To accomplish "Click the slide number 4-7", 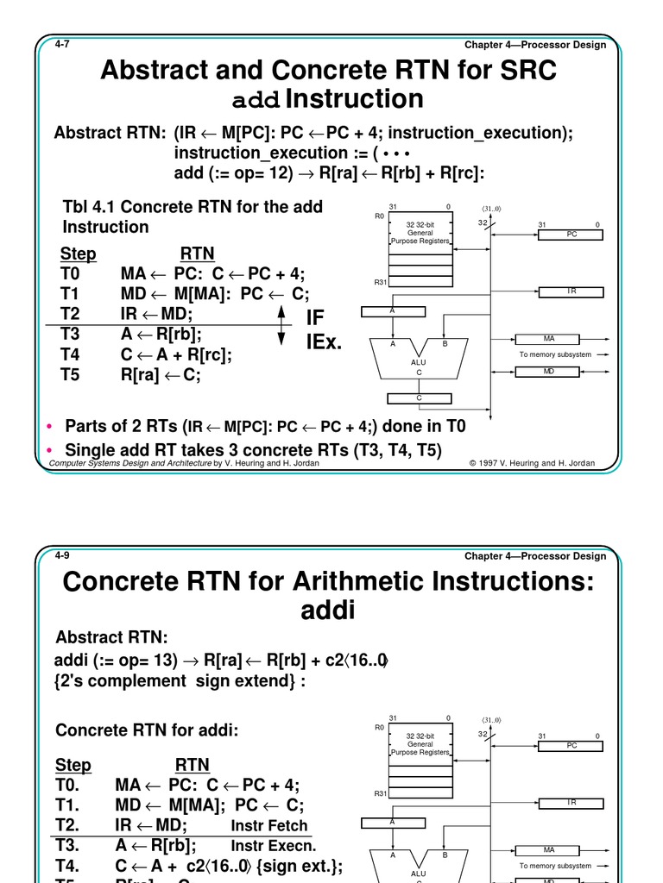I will point(61,43).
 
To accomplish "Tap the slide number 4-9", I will point(61,554).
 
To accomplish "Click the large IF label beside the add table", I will point(316,319).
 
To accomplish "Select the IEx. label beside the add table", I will point(325,342).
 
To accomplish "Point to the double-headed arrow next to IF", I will point(281,328).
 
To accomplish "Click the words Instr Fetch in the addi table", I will point(269,825).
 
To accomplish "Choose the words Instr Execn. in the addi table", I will point(274,846).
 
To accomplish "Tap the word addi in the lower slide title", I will point(328,611).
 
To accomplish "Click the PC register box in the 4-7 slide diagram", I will point(571,234).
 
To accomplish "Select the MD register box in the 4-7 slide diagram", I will point(548,372).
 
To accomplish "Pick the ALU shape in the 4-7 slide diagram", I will point(419,356).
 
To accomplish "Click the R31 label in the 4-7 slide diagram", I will point(379,282).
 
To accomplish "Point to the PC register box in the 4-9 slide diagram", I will point(571,745).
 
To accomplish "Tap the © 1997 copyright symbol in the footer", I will point(473,463).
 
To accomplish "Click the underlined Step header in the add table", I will point(78,254).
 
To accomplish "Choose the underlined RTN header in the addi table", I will point(193,765).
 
